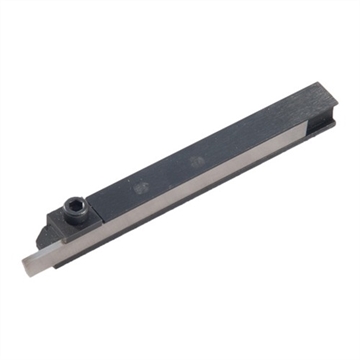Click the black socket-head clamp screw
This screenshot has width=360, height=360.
74,211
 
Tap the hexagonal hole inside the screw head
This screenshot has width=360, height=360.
74,209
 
